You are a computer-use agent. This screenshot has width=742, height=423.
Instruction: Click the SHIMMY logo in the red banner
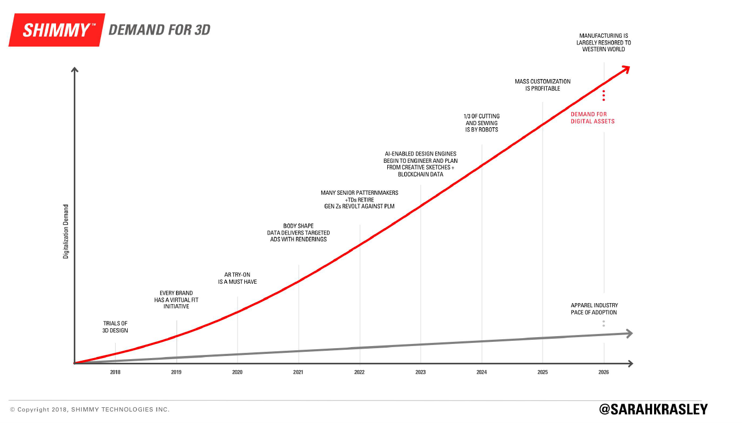coord(55,30)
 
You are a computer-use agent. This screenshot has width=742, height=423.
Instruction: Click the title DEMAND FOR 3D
coord(159,30)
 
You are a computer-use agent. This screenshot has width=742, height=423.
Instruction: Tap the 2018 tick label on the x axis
coord(115,373)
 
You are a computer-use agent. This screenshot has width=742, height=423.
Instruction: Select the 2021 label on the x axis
coord(298,373)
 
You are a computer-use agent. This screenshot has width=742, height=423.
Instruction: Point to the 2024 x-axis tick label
coord(481,373)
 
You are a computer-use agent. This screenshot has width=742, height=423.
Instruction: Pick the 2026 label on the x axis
coord(604,373)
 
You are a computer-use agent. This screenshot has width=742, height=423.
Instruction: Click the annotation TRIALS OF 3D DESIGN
coord(115,327)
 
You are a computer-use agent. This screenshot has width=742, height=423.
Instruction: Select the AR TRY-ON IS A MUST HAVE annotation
coord(238,279)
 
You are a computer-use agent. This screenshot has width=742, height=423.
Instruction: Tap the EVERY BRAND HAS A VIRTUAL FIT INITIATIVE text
coord(176,299)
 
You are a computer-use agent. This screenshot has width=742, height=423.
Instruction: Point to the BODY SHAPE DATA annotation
coord(298,232)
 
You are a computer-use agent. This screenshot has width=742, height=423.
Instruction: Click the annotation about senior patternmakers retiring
coord(359,199)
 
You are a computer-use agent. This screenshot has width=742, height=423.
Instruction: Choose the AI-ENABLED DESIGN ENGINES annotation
coord(420,164)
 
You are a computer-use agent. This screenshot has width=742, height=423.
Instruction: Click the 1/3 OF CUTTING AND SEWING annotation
coord(482,123)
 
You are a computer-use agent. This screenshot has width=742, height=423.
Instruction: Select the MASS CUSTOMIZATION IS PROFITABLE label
coord(543,85)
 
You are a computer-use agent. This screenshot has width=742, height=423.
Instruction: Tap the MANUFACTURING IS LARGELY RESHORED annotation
coord(604,42)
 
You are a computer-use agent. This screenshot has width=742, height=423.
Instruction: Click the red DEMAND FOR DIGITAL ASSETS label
coord(592,118)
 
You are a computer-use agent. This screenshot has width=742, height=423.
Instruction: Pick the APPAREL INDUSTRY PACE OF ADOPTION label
coord(594,309)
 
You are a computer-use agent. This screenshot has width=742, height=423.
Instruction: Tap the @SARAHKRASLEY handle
coord(653,409)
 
